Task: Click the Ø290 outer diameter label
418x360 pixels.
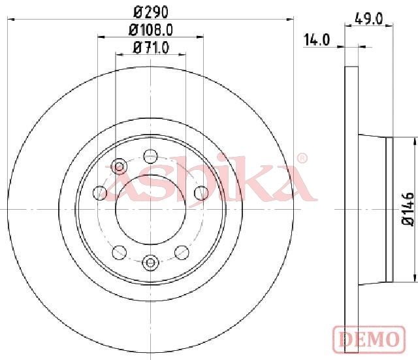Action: point(151,12)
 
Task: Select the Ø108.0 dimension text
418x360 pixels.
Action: point(151,30)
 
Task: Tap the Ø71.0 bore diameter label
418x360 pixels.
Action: point(151,48)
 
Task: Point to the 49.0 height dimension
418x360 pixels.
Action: point(369,19)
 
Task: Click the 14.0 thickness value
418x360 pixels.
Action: point(317,40)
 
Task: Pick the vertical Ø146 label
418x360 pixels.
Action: point(408,209)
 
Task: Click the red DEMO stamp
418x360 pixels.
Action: point(369,339)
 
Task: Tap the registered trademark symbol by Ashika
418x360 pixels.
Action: point(302,158)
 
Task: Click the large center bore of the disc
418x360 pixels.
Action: point(151,209)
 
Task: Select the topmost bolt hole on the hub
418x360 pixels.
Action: point(151,156)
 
